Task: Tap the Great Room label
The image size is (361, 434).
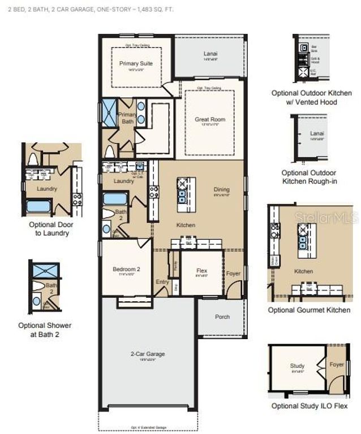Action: point(210,119)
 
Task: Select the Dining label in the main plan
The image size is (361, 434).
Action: point(222,189)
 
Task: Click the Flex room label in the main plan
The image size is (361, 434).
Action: point(202,271)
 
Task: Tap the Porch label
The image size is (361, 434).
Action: point(222,316)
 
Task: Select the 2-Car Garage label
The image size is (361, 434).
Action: point(148,354)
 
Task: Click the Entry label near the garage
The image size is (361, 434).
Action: point(162,282)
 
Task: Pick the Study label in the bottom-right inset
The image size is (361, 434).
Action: point(297,366)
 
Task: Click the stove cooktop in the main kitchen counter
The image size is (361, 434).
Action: point(154,192)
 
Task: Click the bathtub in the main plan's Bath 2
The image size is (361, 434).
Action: point(115,199)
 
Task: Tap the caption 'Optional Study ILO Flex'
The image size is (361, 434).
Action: point(308,406)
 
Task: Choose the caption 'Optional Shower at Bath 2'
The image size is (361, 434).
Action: point(45,329)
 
